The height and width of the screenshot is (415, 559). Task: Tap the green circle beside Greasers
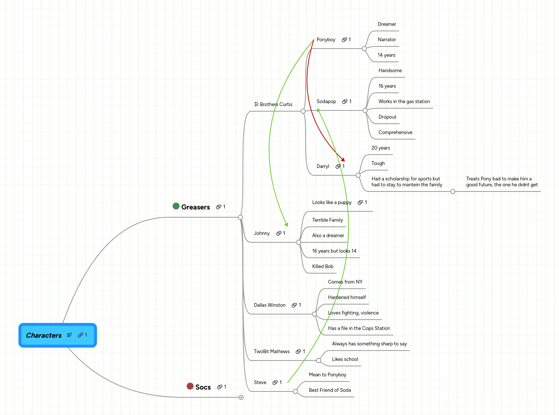click(176, 206)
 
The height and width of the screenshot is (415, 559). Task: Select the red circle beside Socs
click(190, 386)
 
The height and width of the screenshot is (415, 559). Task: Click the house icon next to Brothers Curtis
click(256, 104)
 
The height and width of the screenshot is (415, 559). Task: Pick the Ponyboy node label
click(326, 40)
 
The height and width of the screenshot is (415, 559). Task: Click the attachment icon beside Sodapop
click(345, 102)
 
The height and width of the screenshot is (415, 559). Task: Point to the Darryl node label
click(323, 166)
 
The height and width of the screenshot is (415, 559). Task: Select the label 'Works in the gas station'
click(404, 102)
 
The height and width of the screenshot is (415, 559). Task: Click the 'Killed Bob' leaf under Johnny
click(323, 267)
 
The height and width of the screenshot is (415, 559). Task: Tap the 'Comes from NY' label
click(345, 282)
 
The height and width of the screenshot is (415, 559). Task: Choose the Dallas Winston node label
click(270, 305)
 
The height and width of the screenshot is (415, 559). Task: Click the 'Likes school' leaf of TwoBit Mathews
click(345, 359)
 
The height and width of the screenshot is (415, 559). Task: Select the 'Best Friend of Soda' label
click(330, 390)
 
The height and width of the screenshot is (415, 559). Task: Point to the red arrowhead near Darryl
click(343, 160)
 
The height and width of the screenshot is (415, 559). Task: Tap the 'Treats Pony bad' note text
click(501, 182)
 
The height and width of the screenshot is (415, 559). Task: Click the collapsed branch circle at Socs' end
click(241, 397)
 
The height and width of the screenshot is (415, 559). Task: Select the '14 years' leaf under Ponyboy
click(386, 55)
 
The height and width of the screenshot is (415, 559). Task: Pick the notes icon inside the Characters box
click(69, 335)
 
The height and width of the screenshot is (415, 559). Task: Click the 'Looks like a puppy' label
click(331, 203)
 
